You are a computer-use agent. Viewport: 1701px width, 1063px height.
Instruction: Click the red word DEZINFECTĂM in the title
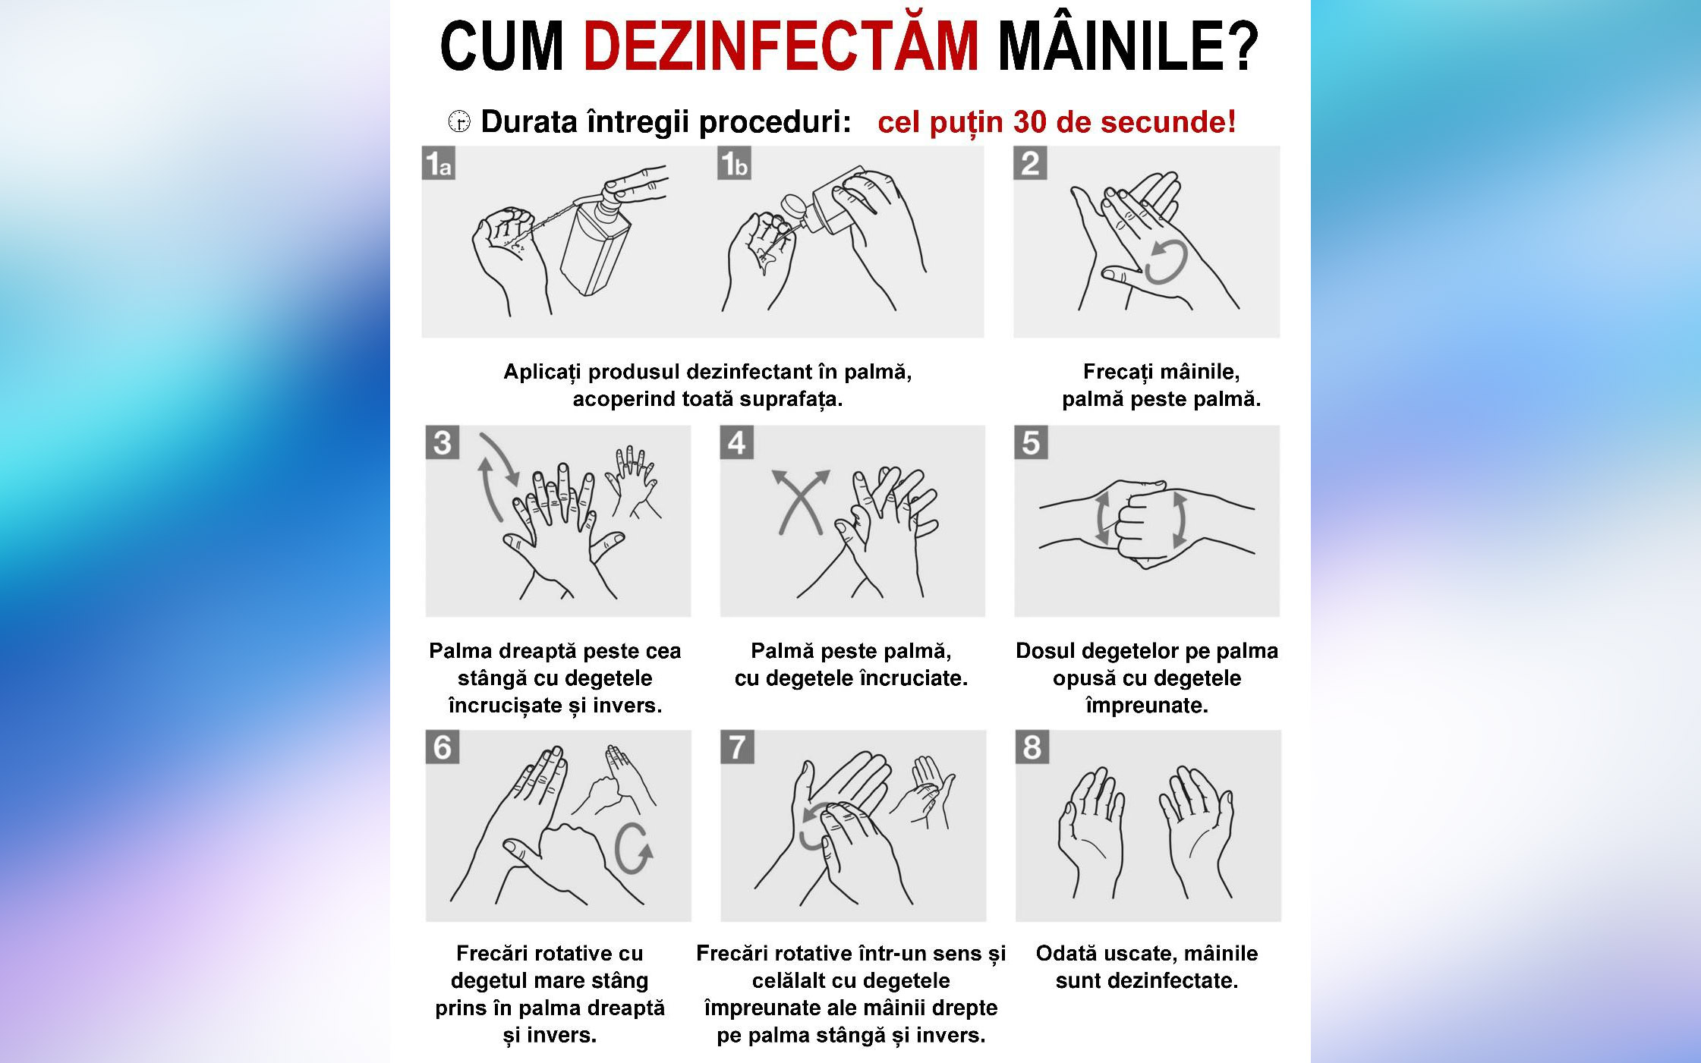tap(781, 47)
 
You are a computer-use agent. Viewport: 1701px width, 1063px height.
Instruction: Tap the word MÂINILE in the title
tap(1127, 47)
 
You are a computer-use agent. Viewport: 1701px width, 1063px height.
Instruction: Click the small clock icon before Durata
tap(459, 121)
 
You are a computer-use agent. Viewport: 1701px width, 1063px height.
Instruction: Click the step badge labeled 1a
tap(439, 163)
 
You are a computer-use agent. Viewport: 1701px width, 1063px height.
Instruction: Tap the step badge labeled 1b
tap(734, 163)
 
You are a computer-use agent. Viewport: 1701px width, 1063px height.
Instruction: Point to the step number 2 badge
tap(1030, 163)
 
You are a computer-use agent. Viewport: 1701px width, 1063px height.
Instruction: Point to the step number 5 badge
tap(1031, 442)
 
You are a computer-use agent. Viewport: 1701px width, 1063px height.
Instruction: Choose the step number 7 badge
tap(737, 747)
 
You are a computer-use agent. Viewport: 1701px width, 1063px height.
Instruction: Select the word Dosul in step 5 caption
tap(1047, 651)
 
